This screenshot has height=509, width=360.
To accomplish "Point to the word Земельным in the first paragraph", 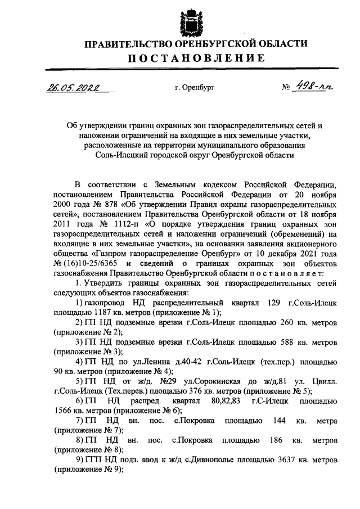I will coord(156,183).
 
